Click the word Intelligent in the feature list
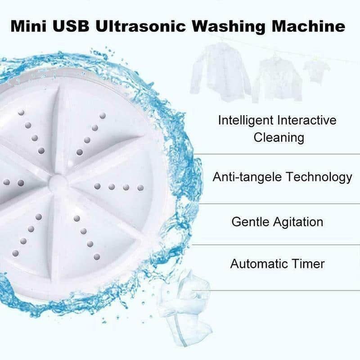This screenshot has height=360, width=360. point(247,121)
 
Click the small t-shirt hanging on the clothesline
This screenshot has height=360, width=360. point(316,70)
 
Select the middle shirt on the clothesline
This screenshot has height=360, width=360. point(275,79)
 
